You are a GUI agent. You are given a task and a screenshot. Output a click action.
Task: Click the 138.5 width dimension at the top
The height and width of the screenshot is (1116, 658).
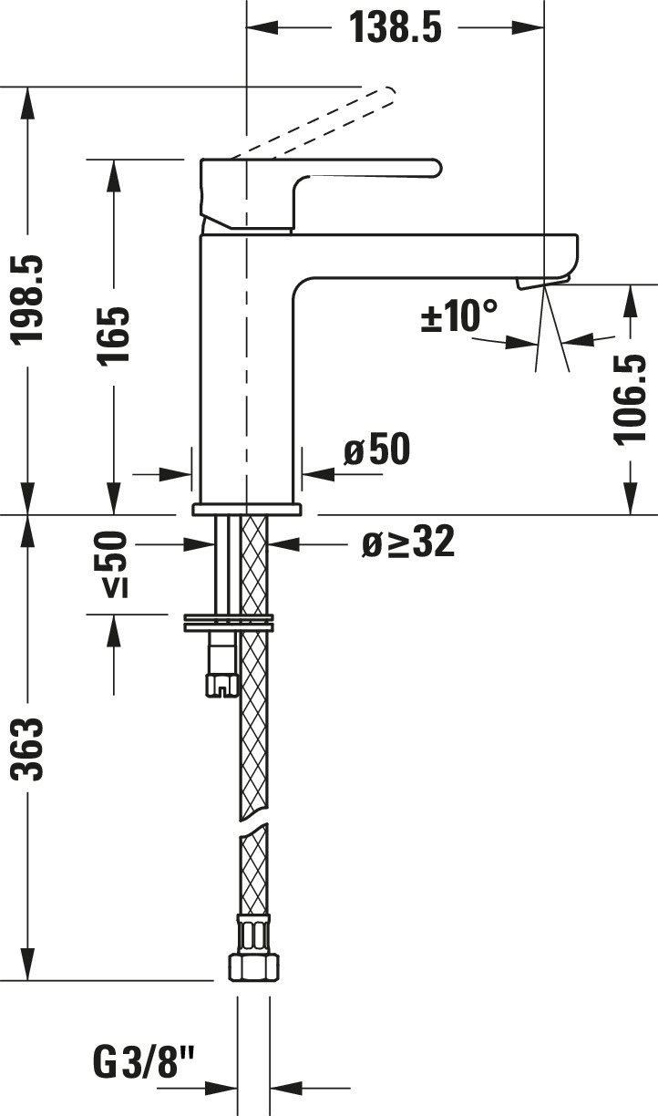pos(396,27)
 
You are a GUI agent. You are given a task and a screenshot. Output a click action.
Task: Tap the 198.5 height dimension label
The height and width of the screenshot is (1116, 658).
pos(28,299)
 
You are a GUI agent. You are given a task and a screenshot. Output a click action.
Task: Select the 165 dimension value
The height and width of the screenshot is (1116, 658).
pos(114,336)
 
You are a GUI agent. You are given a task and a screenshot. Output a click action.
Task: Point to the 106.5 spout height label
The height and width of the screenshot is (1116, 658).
pos(630,398)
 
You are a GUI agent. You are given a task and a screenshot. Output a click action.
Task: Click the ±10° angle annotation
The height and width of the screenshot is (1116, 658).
pos(458,315)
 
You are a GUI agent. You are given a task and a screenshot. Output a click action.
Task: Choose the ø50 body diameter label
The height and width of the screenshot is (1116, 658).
pos(377,449)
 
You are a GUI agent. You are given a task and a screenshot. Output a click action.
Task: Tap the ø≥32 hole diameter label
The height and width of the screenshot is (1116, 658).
pos(408,542)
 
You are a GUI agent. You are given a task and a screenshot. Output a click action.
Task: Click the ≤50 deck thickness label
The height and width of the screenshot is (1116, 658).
pos(110,564)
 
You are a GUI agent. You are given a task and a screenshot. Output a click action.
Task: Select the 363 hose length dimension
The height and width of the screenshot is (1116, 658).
pos(28,749)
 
